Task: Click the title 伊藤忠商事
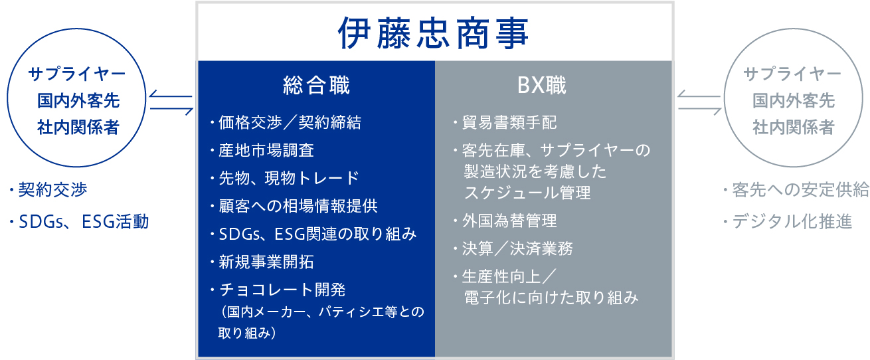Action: click(x=433, y=33)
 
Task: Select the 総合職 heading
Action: click(x=316, y=86)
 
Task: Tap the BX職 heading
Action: click(x=542, y=86)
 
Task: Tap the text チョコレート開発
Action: click(x=282, y=290)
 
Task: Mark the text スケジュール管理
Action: click(x=527, y=193)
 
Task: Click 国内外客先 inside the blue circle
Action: click(x=78, y=100)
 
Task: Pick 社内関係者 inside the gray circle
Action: click(x=794, y=128)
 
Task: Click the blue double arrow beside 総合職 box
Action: click(x=171, y=102)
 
